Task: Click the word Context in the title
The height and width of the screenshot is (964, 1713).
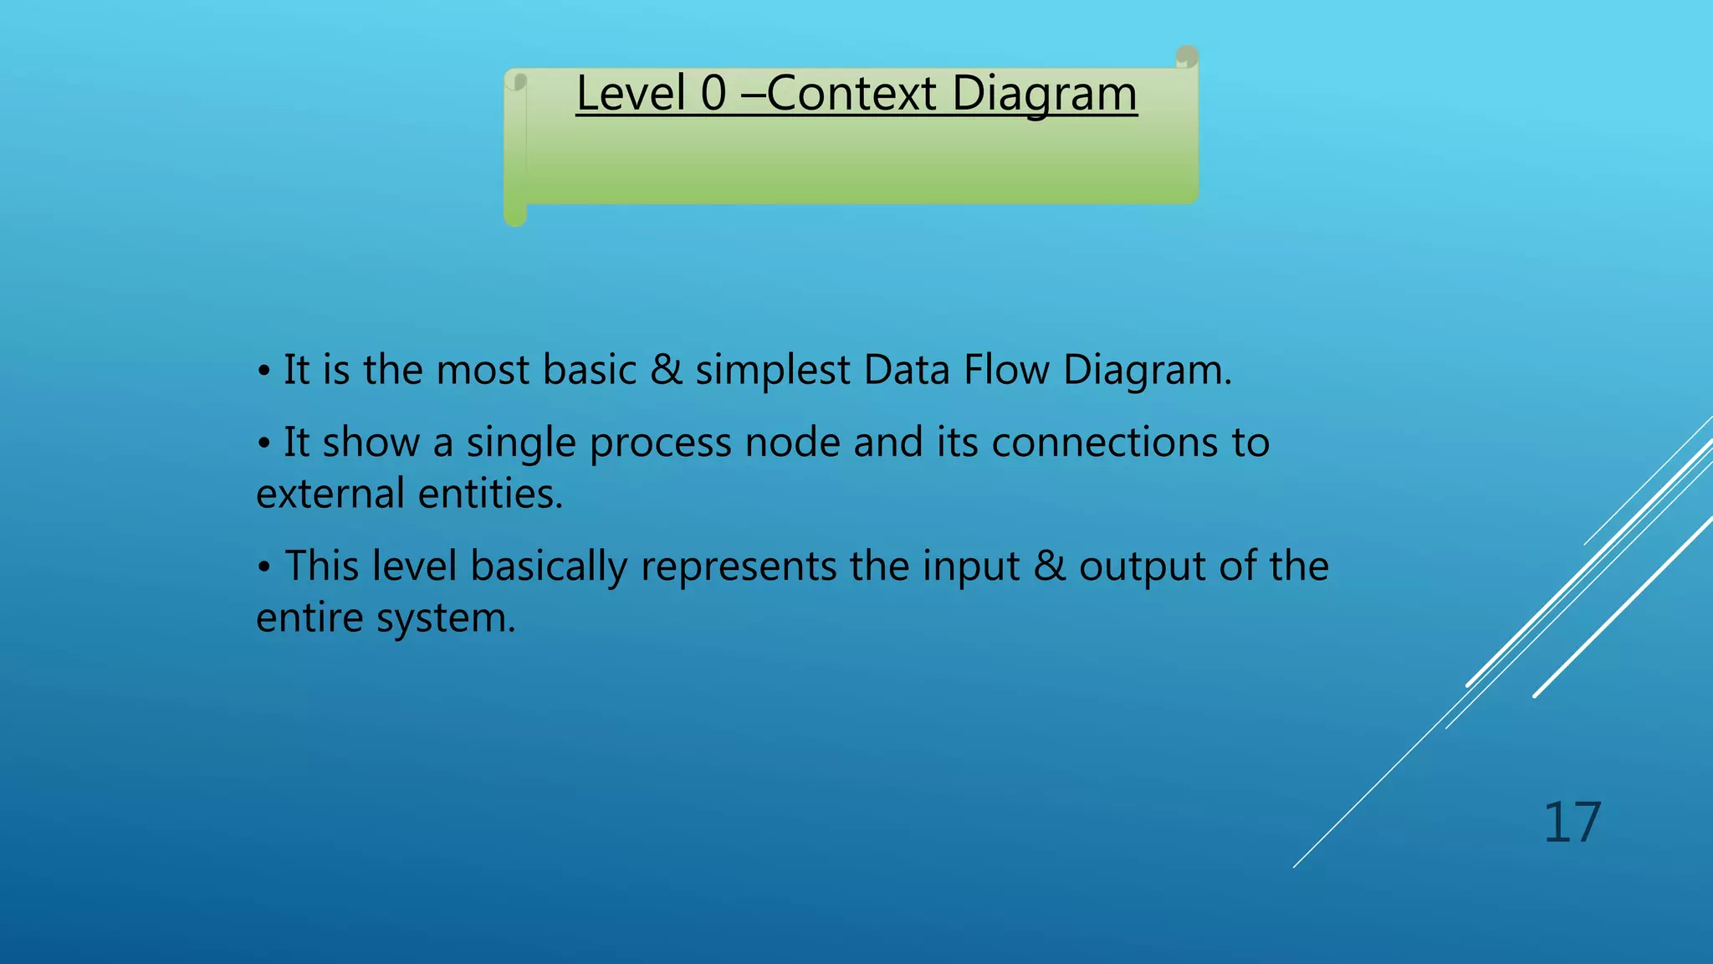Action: point(851,93)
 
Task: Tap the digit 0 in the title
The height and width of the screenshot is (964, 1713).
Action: point(713,93)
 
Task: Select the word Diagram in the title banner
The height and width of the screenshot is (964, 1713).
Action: point(1044,95)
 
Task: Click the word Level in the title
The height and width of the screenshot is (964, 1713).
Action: point(630,93)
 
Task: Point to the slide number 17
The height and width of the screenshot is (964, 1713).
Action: point(1572,823)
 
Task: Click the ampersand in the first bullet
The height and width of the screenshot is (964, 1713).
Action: point(666,370)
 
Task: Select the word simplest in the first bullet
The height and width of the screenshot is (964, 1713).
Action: point(773,371)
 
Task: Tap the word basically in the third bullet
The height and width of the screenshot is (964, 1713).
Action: point(548,567)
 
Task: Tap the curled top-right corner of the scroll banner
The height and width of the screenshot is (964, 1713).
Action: point(1186,58)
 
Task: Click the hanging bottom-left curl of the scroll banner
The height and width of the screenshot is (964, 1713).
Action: point(515,213)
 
